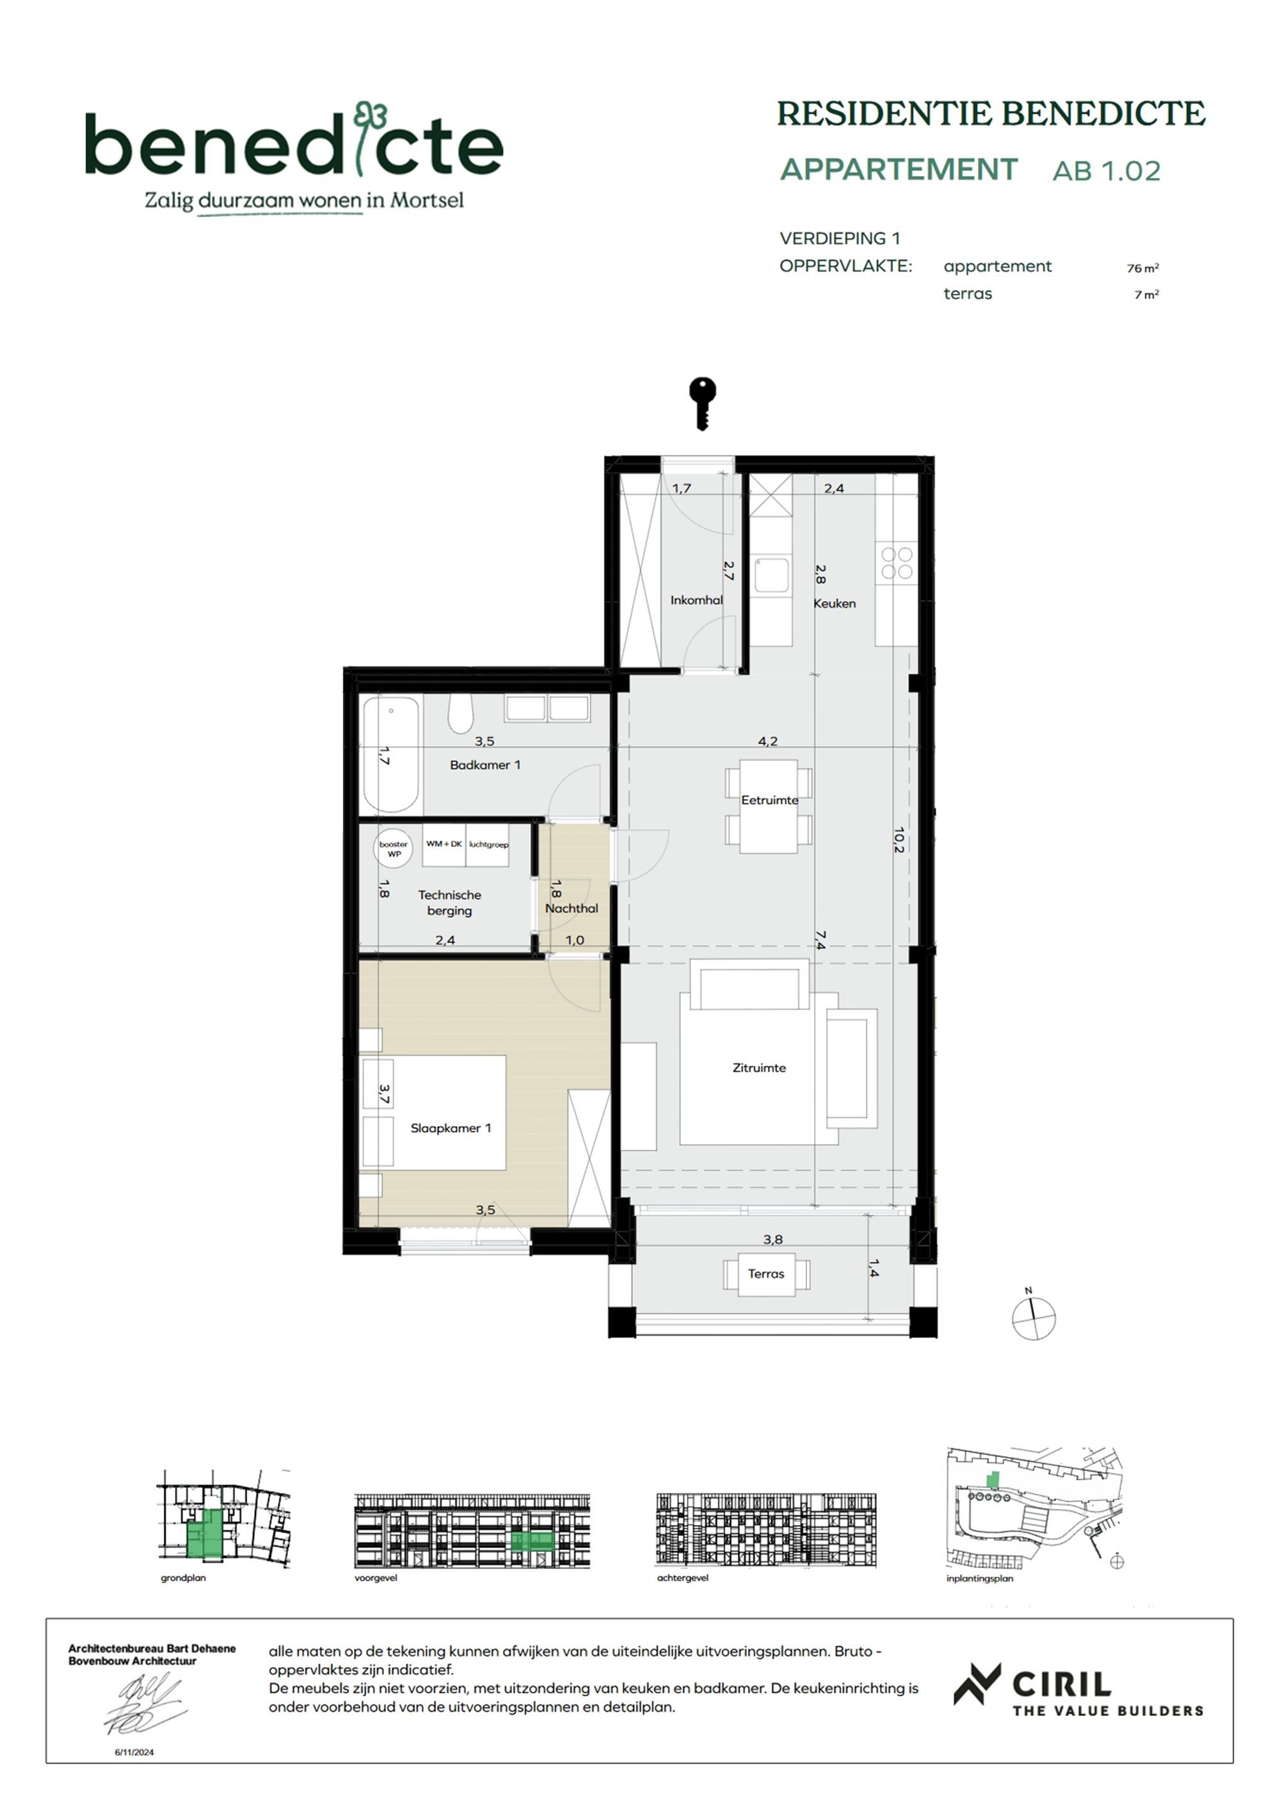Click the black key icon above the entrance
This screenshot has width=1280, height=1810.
(x=702, y=402)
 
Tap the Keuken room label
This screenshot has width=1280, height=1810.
(x=834, y=603)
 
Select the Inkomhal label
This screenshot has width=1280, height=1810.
(x=696, y=600)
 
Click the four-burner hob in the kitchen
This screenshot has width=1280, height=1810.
(x=897, y=563)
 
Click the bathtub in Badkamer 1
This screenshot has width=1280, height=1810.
(x=390, y=754)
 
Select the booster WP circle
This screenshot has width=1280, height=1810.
(x=394, y=848)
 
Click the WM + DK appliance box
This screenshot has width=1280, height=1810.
(x=444, y=844)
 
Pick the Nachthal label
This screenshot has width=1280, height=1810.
(x=572, y=908)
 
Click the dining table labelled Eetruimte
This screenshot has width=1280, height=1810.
(x=769, y=805)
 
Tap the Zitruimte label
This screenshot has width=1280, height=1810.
(x=759, y=1067)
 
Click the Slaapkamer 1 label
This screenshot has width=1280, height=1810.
(x=450, y=1128)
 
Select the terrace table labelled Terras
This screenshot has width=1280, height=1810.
(x=766, y=1274)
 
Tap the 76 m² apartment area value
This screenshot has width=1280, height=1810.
(x=1142, y=268)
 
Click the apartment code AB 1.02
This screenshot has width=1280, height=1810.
(x=1106, y=171)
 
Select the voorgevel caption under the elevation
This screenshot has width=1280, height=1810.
(x=376, y=1578)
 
